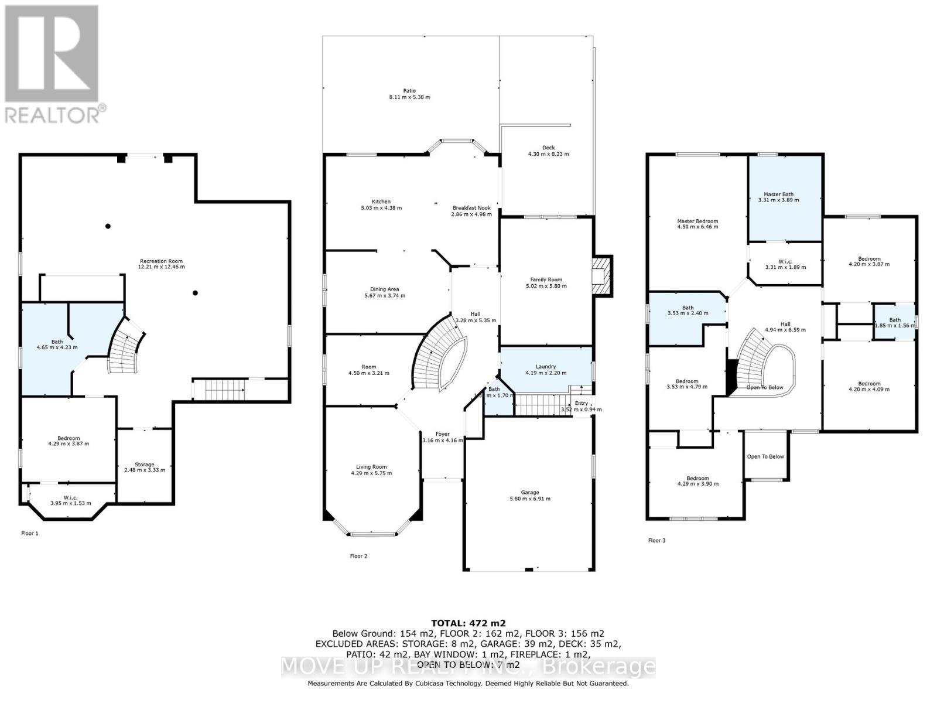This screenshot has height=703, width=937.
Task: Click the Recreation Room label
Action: coord(161,261)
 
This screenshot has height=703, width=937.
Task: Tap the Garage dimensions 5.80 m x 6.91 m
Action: coord(530,499)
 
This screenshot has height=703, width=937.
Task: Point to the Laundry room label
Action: coord(545,367)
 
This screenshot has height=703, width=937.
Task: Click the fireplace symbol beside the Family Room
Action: coord(601,275)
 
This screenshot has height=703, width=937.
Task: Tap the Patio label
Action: coord(409,91)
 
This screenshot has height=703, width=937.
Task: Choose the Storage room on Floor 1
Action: coord(145,467)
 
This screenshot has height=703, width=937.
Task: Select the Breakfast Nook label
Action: coord(471,208)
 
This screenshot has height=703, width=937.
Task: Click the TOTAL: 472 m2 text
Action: coord(468,623)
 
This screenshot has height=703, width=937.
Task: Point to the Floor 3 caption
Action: coord(656,541)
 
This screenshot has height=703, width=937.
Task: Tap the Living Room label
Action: coord(371,467)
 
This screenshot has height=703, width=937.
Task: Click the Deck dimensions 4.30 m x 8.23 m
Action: coord(549,155)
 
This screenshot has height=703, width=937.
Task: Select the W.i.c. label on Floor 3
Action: coord(785,261)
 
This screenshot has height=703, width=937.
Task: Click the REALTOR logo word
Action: coord(56,114)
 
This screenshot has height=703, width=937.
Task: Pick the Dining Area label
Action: coord(384,289)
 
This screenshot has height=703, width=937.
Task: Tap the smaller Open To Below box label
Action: coord(765,456)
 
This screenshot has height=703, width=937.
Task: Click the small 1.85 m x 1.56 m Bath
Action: coord(894,322)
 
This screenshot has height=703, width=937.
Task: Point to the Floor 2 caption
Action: coord(358,557)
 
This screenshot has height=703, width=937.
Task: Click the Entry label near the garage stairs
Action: coord(581,403)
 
